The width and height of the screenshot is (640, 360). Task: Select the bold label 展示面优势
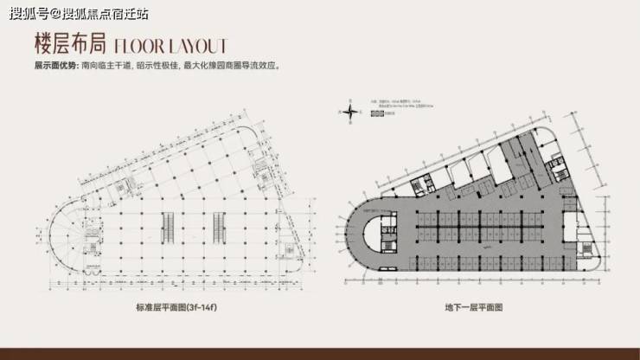pos(54,66)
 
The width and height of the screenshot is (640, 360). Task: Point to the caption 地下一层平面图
pos(474,307)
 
